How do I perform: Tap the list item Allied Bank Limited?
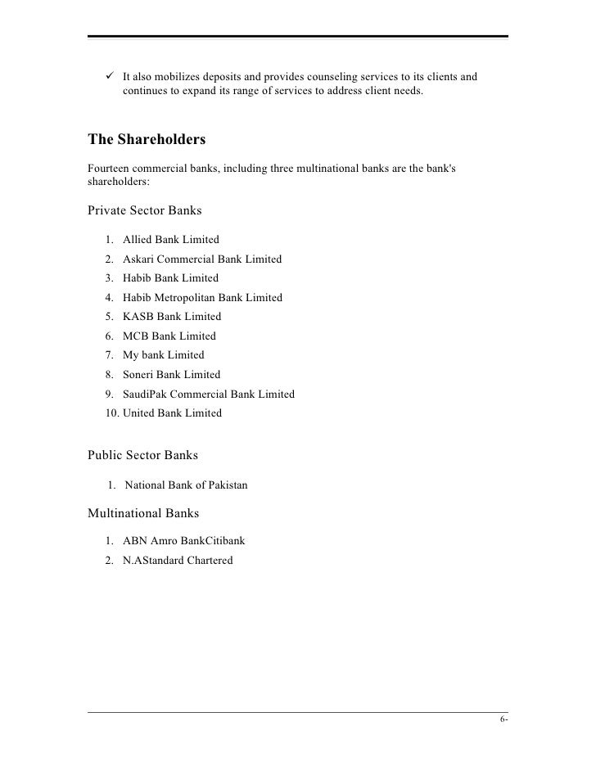click(171, 240)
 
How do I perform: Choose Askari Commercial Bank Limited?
click(202, 259)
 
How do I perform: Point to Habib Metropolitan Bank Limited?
click(202, 298)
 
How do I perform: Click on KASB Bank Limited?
click(172, 317)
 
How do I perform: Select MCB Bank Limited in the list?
click(169, 336)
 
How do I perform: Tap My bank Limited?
click(164, 355)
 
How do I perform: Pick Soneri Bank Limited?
click(172, 375)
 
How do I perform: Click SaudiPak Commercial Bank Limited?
click(209, 394)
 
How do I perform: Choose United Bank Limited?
click(173, 413)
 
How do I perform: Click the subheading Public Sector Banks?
click(142, 456)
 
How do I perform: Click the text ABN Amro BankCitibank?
click(184, 541)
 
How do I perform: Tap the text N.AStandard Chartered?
click(178, 561)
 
